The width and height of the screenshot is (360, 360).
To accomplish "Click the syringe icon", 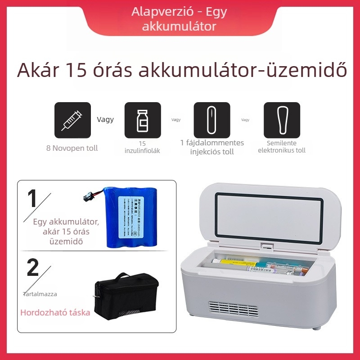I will coord(72,120).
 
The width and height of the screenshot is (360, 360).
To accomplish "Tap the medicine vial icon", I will coord(142,120).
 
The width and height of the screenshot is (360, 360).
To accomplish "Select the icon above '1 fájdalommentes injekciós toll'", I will coord(211,120).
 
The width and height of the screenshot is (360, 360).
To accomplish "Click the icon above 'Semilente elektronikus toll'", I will coord(282,120).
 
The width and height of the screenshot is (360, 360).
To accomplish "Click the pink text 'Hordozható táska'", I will coord(55,312).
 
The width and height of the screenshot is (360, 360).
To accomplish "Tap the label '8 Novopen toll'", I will coord(72,148).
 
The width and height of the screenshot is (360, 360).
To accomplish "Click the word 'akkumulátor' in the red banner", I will coord(179,27).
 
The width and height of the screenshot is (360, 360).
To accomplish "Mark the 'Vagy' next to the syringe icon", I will coord(105,120).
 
